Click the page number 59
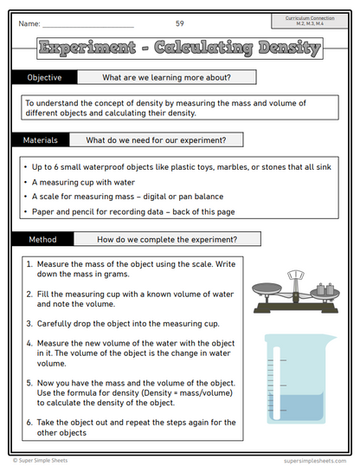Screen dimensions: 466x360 (x=179, y=23)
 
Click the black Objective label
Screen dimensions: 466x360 (x=44, y=77)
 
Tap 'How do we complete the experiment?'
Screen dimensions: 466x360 (x=167, y=238)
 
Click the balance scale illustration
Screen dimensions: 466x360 (x=295, y=294)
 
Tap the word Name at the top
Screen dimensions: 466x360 (x=29, y=23)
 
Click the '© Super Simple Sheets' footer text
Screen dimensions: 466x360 (x=42, y=460)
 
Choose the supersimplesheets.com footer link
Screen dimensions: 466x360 (x=313, y=460)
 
